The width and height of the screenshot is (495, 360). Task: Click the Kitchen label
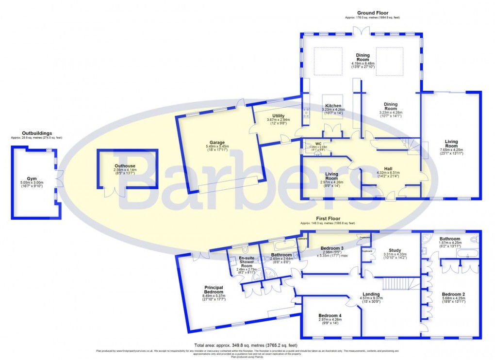pyautogui.click(x=333, y=106)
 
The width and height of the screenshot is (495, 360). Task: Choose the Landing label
pyautogui.click(x=371, y=295)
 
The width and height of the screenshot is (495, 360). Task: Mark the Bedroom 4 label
pyautogui.click(x=330, y=316)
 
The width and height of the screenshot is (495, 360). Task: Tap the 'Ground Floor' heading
pyautogui.click(x=372, y=13)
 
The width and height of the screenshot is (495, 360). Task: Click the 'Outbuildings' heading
pyautogui.click(x=37, y=133)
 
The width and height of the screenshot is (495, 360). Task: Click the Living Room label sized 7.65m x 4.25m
pyautogui.click(x=451, y=144)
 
